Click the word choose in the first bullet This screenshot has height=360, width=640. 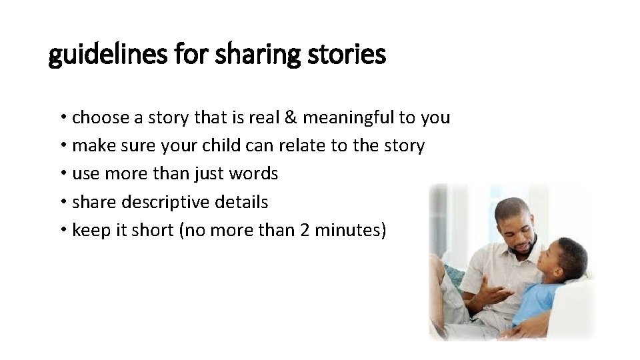click(100, 118)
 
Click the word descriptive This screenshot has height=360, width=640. click(169, 202)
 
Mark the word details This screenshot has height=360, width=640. click(245, 202)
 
